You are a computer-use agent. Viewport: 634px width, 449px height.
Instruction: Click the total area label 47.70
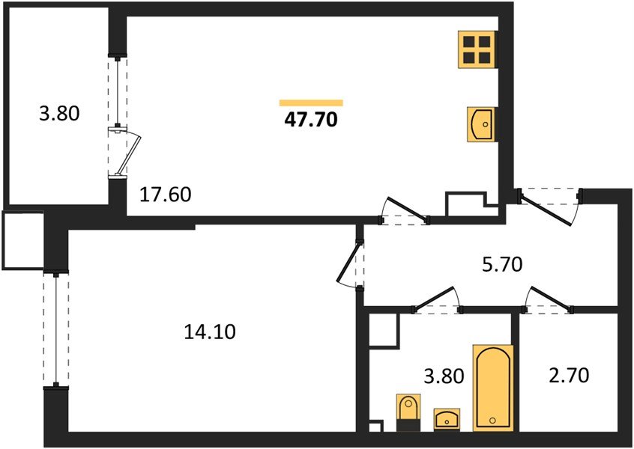coord(310,120)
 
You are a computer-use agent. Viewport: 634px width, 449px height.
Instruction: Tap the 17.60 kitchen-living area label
coord(166,195)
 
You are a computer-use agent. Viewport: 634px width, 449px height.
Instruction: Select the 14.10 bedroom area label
coord(209,332)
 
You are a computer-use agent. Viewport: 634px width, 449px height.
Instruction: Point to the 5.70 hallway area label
coord(503,265)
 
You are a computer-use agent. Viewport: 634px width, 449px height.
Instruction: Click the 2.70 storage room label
coord(569,376)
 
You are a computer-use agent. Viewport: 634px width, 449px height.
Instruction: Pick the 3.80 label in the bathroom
coord(444,376)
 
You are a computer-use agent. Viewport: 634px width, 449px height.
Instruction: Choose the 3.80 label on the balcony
coord(59,114)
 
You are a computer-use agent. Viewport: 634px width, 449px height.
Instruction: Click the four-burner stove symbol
coord(477,49)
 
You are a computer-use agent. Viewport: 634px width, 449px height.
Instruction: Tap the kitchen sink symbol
coord(480,124)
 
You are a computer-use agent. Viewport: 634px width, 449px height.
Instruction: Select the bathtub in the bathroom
coord(493,388)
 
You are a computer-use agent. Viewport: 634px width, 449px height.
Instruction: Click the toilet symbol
coord(408,412)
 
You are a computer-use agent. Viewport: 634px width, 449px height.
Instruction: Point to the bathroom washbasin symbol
coord(447,420)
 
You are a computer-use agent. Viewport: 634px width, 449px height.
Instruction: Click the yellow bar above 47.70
coord(311,103)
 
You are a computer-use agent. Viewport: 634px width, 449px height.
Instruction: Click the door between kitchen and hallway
coord(407,209)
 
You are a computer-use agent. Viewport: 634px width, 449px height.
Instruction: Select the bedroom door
coord(348,262)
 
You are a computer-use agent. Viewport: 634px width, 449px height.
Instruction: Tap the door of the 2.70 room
coord(551,299)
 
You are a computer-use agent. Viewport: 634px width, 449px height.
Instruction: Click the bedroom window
coord(55,329)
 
